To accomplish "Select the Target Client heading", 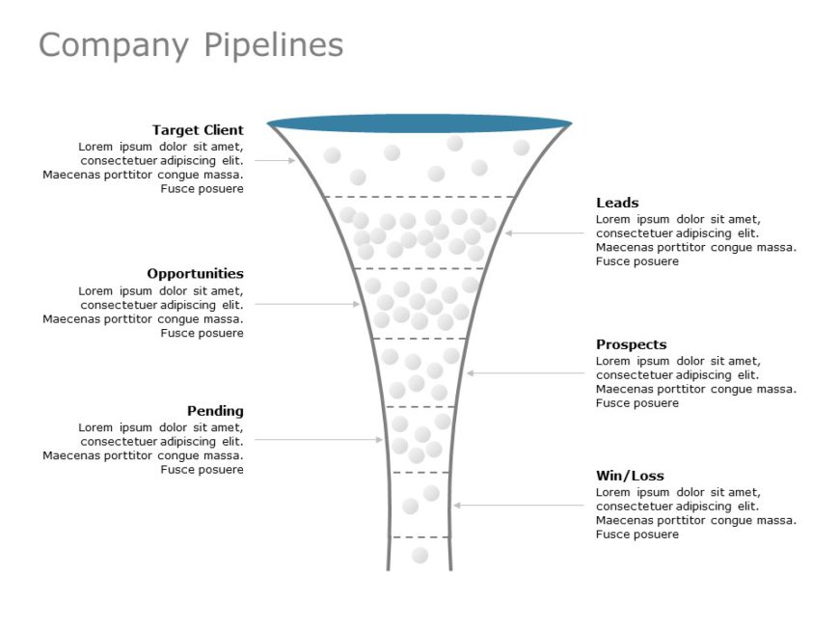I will pos(198,130).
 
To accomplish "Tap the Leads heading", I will pos(617,203).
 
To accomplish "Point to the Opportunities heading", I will pos(195,274).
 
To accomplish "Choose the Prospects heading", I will pos(631,344).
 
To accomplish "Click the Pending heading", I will pos(215,411).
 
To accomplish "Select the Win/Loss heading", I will pos(630,476).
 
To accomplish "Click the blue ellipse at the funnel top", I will pos(419,123).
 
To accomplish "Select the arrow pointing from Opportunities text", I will pos(307,304).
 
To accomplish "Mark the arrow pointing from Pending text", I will pos(318,440).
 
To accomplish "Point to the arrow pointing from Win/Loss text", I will pos(521,505).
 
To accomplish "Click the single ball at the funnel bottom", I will pos(419,555).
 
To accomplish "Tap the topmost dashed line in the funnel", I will pos(419,197).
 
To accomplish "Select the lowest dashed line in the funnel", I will pos(419,536).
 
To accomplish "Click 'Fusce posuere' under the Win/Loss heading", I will pos(637,534).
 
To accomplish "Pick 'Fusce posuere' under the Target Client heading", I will pos(202,189).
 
